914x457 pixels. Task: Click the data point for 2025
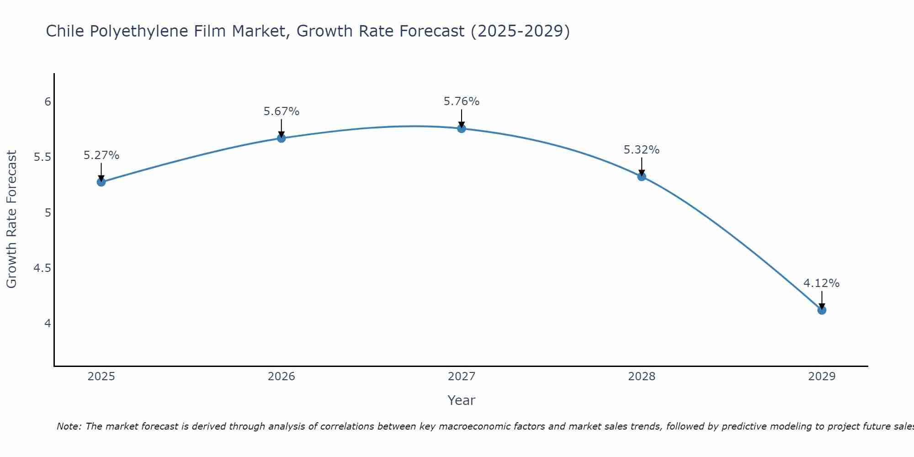101,182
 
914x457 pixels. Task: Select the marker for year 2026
281,138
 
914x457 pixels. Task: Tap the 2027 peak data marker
461,128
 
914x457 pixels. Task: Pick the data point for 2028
641,176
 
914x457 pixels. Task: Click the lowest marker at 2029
821,310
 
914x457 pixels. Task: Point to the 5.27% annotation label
101,155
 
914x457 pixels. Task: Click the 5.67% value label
281,112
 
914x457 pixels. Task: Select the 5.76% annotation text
461,101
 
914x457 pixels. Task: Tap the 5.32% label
641,150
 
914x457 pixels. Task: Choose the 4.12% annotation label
821,283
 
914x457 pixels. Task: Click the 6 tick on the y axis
48,101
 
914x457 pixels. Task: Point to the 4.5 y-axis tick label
42,268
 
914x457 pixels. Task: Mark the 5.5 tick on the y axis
42,157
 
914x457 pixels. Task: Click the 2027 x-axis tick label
461,377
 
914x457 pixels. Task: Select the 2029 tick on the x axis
821,377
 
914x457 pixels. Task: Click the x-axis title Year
461,400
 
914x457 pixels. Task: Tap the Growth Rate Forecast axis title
11,219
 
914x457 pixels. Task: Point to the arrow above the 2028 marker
641,166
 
